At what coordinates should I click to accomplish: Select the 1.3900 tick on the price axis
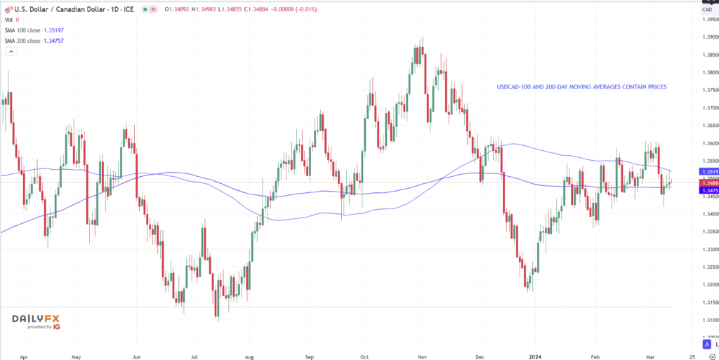pos(710,36)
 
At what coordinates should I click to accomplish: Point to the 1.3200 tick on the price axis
pos(710,285)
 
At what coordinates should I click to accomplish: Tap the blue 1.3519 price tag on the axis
pos(708,171)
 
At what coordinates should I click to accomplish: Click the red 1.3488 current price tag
pos(708,182)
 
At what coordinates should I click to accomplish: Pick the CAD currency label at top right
pos(708,10)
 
